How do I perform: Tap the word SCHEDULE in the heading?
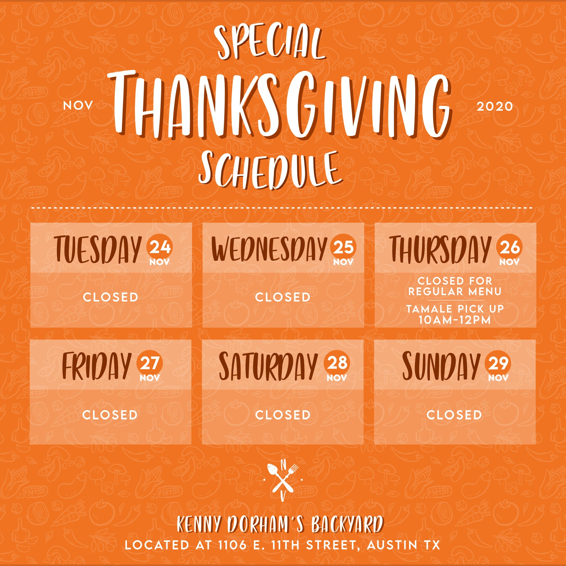(x=271, y=170)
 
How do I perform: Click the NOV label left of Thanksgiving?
(x=78, y=106)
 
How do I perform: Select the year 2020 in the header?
(x=495, y=107)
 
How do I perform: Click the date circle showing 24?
(x=160, y=247)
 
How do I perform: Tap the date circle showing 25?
(x=343, y=247)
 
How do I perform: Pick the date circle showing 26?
(x=510, y=247)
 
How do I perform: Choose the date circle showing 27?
(x=150, y=363)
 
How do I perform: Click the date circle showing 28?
(x=337, y=363)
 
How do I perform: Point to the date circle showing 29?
(x=498, y=363)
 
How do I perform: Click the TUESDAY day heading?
(x=98, y=250)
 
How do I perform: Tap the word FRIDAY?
(x=97, y=366)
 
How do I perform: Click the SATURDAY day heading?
(x=268, y=366)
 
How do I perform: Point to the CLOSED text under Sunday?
(x=454, y=415)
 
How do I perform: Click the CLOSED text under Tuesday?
(x=110, y=297)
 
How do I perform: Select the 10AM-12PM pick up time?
(x=455, y=320)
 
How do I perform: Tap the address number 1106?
(x=232, y=545)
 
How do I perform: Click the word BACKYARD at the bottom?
(x=347, y=524)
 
